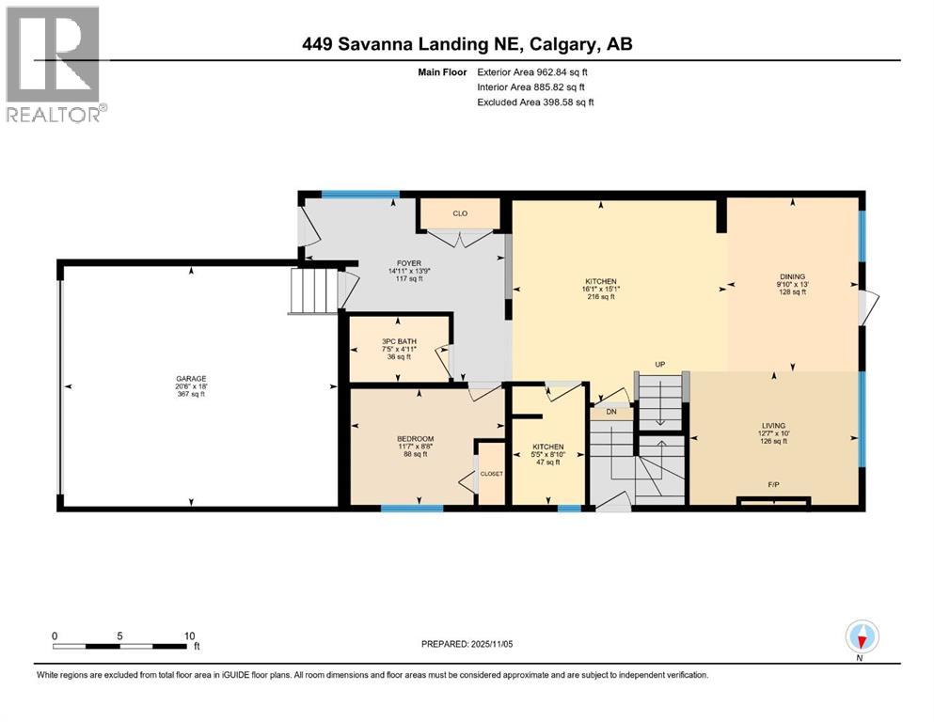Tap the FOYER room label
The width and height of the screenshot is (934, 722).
[408, 263]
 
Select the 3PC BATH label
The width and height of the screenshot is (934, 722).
[400, 341]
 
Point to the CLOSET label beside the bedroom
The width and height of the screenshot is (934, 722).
[492, 474]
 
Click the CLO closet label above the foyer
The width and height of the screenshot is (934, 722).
[460, 213]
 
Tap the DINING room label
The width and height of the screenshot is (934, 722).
[792, 275]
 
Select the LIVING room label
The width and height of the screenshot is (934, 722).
[773, 425]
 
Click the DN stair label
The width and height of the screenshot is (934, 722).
[611, 412]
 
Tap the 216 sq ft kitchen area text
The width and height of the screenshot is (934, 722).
[600, 297]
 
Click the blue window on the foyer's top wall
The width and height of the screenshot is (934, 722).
[359, 195]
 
